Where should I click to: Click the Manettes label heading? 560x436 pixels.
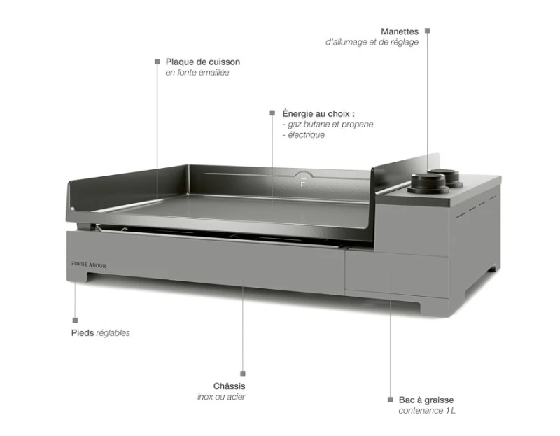400,31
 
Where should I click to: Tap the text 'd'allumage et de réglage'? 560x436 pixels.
372,42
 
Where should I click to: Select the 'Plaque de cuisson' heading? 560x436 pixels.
203,62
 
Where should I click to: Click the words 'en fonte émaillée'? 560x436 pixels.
197,73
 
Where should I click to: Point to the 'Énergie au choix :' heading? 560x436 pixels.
318,113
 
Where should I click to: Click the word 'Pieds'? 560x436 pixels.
83,333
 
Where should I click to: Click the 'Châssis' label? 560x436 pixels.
230,386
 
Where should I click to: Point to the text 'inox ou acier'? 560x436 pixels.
221,397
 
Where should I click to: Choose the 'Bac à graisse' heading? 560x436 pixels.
426,400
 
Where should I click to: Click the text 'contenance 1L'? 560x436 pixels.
427,411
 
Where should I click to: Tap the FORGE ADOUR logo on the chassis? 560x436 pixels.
89,265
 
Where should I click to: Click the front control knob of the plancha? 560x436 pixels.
428,183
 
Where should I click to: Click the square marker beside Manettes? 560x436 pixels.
428,31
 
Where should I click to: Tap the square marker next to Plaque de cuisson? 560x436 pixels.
157,62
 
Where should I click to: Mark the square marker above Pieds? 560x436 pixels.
75,321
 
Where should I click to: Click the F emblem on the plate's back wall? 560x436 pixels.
303,182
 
